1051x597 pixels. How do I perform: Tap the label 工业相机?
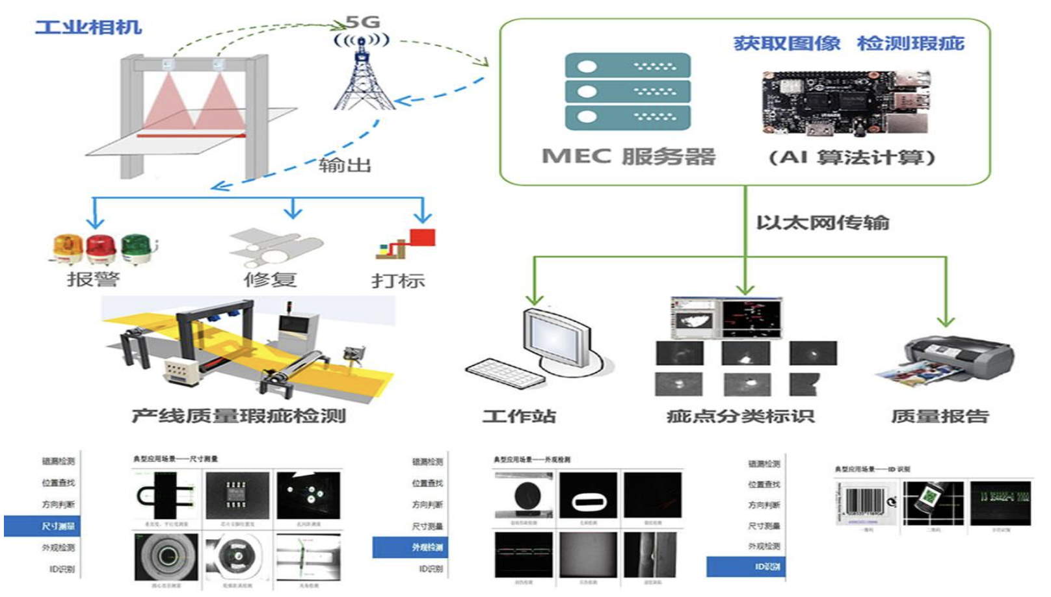88,27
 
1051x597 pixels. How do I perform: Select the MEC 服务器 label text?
628,157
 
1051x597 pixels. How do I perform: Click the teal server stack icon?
627,92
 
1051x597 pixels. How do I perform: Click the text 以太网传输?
822,223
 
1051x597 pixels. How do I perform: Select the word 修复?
270,280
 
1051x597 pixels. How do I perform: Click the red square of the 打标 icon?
422,237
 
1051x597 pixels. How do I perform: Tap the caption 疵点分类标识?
740,416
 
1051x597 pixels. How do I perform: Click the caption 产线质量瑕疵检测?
239,416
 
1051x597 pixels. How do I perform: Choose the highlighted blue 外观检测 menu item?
410,547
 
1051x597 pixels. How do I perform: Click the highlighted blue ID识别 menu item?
746,566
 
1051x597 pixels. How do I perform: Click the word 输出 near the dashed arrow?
345,165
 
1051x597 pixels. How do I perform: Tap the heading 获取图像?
786,44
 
